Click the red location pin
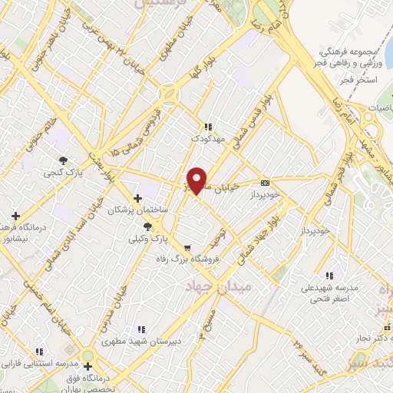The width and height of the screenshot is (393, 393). [x=198, y=179]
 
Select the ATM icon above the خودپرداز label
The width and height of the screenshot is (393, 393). [x=266, y=183]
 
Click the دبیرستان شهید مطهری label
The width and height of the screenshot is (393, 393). [x=153, y=341]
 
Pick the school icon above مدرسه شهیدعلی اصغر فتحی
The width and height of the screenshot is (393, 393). [x=329, y=275]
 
